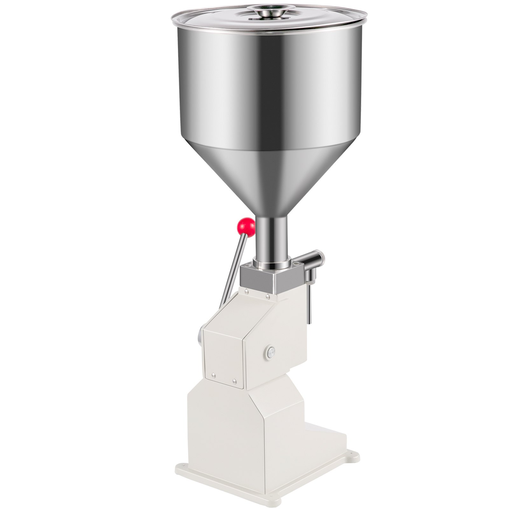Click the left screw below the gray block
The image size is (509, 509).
click(x=247, y=290)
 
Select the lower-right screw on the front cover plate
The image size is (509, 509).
click(x=234, y=380)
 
